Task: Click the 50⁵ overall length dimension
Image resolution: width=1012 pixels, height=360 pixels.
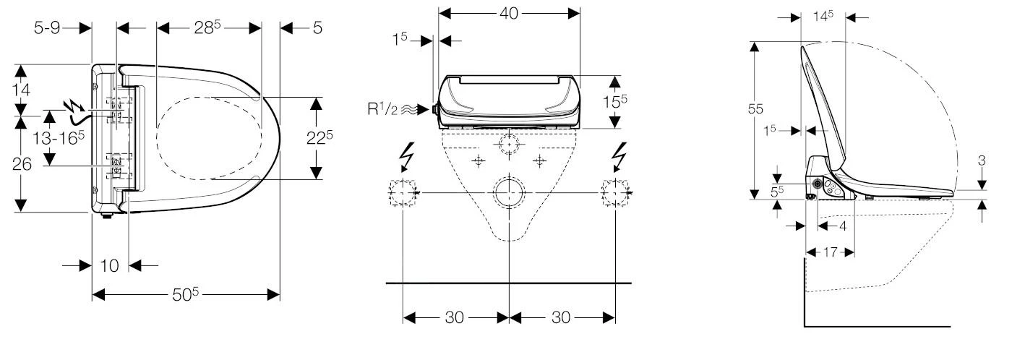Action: click(x=186, y=294)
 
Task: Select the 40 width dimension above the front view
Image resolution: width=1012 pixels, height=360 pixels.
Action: click(x=510, y=13)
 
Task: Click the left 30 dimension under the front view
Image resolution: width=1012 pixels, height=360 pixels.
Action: click(x=455, y=318)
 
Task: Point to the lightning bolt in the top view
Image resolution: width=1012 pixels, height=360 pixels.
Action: click(x=74, y=109)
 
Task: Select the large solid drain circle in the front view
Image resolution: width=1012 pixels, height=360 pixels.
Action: click(x=510, y=192)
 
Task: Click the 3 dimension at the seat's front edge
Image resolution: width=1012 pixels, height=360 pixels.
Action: click(x=982, y=160)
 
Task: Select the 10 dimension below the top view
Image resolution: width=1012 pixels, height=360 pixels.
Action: click(x=110, y=266)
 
